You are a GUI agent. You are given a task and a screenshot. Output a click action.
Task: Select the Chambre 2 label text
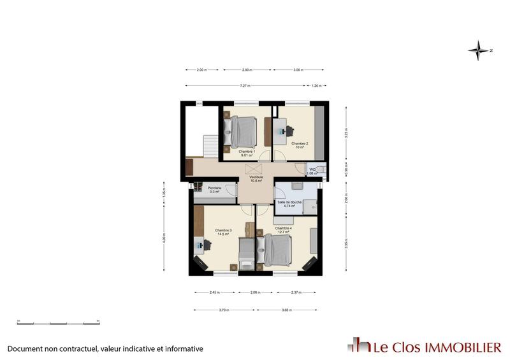click(x=300, y=145)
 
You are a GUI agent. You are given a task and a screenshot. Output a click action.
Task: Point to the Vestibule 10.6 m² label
click(x=256, y=179)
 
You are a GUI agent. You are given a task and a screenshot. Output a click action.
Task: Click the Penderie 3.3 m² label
click(x=214, y=189)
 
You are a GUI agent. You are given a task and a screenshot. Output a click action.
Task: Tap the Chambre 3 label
click(x=223, y=232)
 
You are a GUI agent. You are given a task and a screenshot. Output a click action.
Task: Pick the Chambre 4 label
click(x=283, y=230)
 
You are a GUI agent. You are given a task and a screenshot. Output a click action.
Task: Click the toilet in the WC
click(x=321, y=170)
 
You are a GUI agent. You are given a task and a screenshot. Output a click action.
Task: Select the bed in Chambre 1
click(x=243, y=131)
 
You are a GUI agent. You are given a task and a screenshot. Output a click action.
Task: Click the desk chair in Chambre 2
click(x=289, y=131)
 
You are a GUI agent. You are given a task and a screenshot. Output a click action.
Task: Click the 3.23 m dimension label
click(x=346, y=134)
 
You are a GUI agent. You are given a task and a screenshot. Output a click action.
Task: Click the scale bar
click(x=58, y=322)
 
